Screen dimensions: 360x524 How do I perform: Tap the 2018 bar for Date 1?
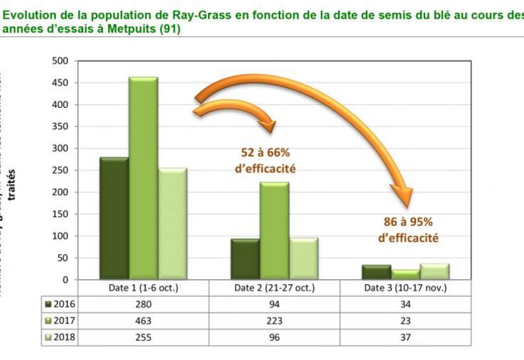pos(172,223)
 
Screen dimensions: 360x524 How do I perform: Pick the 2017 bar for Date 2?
pos(274,230)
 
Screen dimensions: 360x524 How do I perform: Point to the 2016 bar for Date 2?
pos(245,258)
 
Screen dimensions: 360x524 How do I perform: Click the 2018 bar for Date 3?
pos(434,271)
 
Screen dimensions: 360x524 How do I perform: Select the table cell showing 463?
pos(143,321)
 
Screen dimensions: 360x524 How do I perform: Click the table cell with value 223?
pos(274,321)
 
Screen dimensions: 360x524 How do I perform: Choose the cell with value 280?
pos(143,305)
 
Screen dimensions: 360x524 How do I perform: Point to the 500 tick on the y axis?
pos(60,61)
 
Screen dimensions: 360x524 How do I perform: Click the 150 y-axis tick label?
pos(60,214)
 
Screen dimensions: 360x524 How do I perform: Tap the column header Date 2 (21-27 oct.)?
pos(274,288)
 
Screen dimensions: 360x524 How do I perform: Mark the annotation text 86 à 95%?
pos(406,222)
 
